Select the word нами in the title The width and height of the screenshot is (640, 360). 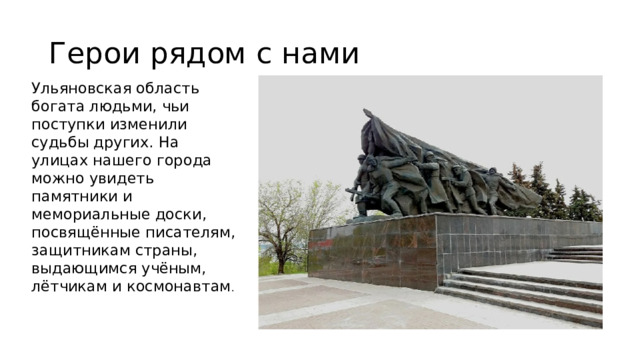pyautogui.click(x=318, y=52)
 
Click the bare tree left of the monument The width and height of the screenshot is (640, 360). pyautogui.click(x=285, y=215)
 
